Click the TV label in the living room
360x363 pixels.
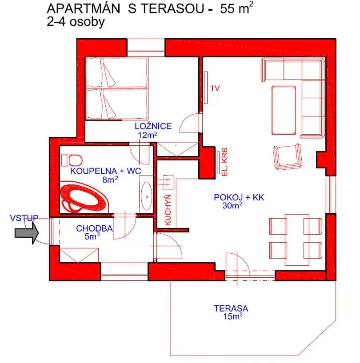tap(215, 88)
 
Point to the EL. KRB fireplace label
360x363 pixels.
tap(224, 162)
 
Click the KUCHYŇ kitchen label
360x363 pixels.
tap(168, 210)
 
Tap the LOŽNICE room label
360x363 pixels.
tap(153, 126)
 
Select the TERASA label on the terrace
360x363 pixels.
tap(231, 308)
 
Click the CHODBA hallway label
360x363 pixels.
tap(94, 229)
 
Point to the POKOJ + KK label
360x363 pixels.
tap(233, 197)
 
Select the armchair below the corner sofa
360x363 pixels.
tap(288, 156)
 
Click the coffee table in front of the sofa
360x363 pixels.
tap(283, 110)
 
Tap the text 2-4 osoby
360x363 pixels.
tap(76, 23)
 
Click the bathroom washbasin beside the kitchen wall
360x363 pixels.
tap(146, 196)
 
